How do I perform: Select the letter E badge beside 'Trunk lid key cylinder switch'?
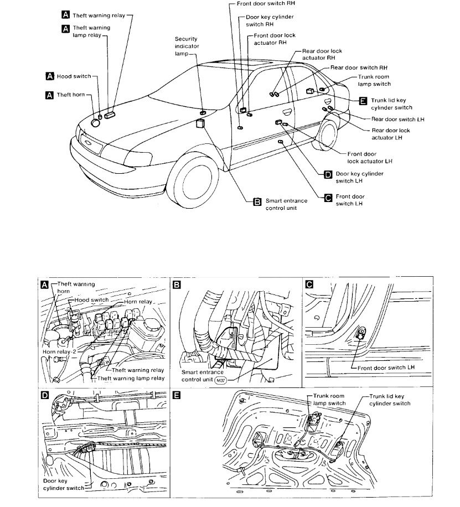[363, 101]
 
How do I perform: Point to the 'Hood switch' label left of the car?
[74, 76]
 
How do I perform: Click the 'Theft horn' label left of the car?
[71, 95]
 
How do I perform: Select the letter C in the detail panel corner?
[309, 284]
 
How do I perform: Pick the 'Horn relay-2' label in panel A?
[59, 351]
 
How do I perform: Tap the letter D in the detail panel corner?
[45, 395]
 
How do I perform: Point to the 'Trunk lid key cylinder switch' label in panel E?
[389, 400]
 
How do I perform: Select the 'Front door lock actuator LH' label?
[370, 157]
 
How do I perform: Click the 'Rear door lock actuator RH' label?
[322, 54]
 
